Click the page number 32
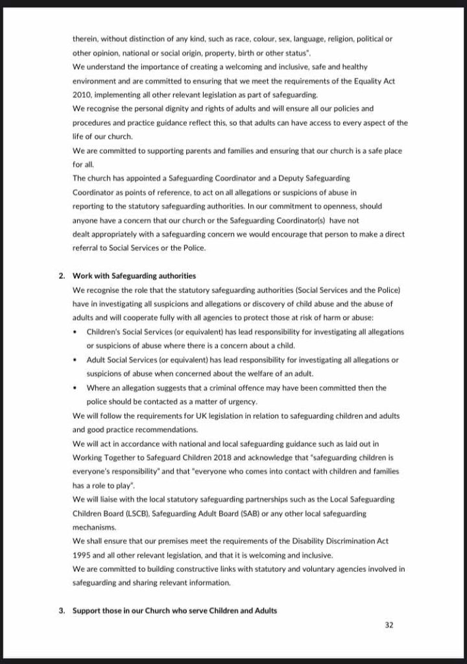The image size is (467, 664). (389, 626)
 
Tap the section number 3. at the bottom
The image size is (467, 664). (62, 610)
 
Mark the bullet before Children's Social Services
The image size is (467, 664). (77, 331)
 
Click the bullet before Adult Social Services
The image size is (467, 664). (77, 359)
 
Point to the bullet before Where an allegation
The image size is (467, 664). (77, 388)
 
